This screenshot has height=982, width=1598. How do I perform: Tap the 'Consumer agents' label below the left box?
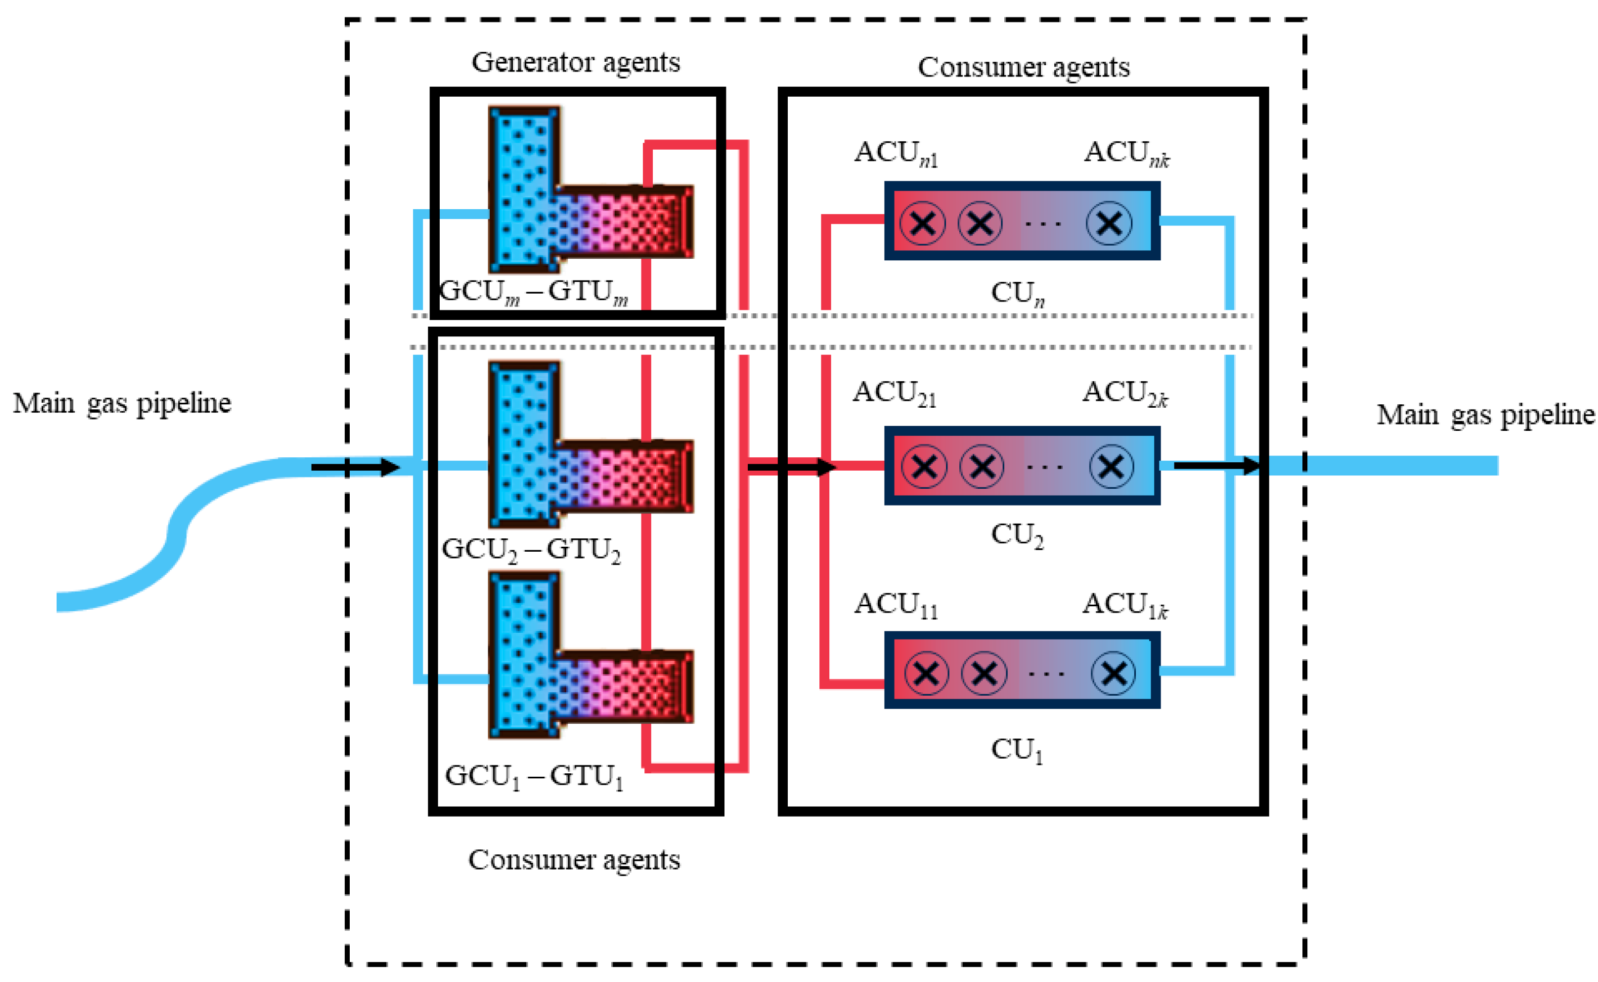[x=574, y=861]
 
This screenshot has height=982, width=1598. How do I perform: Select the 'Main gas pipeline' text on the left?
[x=122, y=403]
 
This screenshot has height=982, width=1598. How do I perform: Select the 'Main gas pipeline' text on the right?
[x=1486, y=415]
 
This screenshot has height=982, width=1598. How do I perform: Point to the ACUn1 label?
[x=896, y=154]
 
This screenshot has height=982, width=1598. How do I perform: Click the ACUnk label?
[x=1127, y=154]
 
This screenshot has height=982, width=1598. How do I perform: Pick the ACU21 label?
[x=895, y=394]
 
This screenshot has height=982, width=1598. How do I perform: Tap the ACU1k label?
[x=1125, y=605]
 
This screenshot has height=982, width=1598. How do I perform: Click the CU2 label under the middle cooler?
[x=1017, y=536]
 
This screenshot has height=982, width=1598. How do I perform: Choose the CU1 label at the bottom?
[x=1017, y=751]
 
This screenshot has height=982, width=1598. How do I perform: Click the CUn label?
[x=1018, y=294]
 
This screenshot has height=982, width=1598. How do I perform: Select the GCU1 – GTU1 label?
[x=534, y=777]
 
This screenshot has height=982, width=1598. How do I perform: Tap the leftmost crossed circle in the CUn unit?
[x=923, y=223]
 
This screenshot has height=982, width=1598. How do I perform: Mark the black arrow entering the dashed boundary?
[x=355, y=467]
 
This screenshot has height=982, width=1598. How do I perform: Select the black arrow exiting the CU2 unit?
[x=1217, y=466]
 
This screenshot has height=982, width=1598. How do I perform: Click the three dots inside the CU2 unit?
[x=1045, y=467]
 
